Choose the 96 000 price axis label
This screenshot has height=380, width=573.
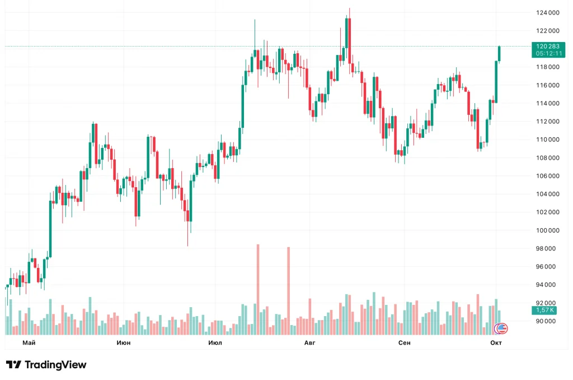pyautogui.click(x=548, y=267)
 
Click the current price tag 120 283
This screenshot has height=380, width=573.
pyautogui.click(x=547, y=47)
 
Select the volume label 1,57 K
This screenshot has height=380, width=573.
pyautogui.click(x=544, y=310)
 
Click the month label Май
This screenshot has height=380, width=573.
pyautogui.click(x=29, y=342)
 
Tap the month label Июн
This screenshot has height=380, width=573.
pyautogui.click(x=123, y=342)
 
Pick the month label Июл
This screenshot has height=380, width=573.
pyautogui.click(x=215, y=342)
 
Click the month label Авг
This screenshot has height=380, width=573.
pyautogui.click(x=310, y=342)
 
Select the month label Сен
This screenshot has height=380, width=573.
pyautogui.click(x=405, y=342)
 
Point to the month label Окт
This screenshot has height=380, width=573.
pyautogui.click(x=496, y=342)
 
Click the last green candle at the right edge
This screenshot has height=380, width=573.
pyautogui.click(x=499, y=53)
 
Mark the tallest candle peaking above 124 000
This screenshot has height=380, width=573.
pyautogui.click(x=348, y=34)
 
